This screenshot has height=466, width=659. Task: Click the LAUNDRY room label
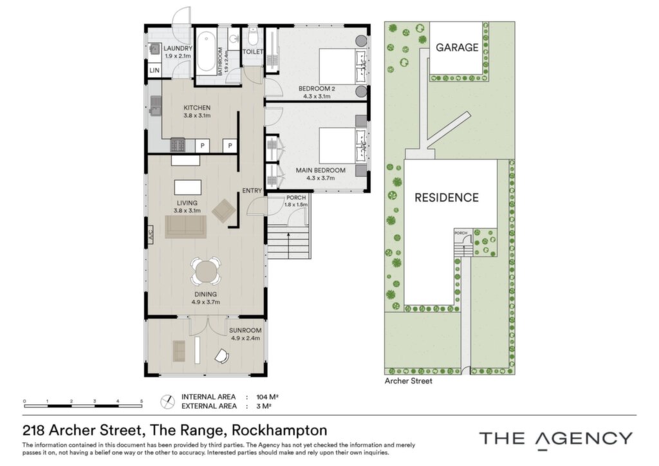pos(178,48)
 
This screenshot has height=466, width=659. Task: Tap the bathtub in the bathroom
pos(207,52)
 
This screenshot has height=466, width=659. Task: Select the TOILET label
pos(252,51)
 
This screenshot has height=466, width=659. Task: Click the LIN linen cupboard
pos(154,70)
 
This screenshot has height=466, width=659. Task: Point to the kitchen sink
pos(155,106)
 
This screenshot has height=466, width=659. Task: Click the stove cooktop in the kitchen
pos(177,145)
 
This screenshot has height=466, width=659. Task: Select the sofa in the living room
pos(185,227)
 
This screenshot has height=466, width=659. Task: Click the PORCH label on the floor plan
pos(296,198)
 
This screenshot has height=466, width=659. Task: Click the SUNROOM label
pos(245,331)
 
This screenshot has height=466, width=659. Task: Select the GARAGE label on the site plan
pos(457,48)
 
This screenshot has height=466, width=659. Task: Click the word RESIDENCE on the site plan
pos(447,198)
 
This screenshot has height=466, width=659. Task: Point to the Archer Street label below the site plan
pos(409,381)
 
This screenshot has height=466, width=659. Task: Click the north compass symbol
pos(168,401)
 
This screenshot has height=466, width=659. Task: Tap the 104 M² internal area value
pos(268,396)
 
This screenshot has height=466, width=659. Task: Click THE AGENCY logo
pos(555,440)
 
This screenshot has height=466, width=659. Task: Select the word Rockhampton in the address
pos(279,431)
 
